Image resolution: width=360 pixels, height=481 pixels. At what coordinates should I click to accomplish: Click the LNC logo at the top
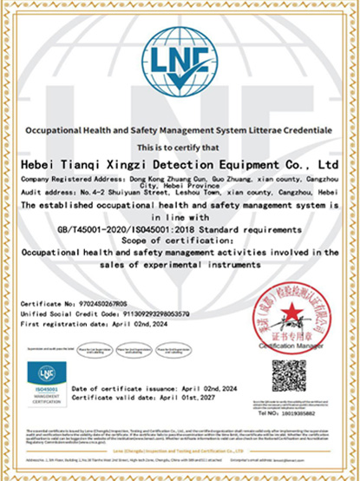coord(180,67)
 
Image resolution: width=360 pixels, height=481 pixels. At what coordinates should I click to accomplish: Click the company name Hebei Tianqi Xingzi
coord(179,161)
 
